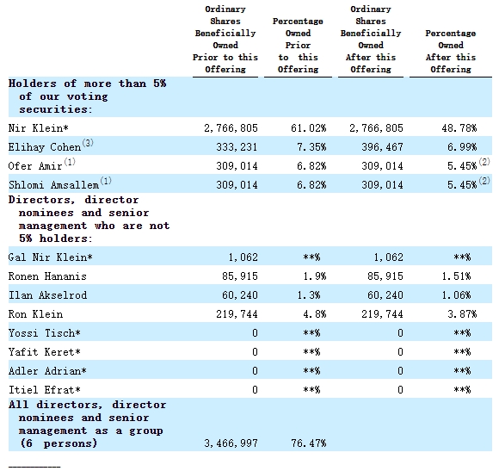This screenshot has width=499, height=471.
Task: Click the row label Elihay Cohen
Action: pos(45,147)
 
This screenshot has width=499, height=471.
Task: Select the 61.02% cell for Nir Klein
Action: pos(308,128)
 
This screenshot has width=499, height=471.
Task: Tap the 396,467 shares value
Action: pos(382,147)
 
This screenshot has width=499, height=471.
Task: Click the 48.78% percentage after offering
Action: pos(459,128)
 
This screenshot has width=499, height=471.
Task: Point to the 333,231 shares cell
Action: pos(237,147)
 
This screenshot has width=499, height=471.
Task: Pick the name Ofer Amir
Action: pos(35,166)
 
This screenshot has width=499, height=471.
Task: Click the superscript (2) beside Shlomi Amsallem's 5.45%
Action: pos(484,181)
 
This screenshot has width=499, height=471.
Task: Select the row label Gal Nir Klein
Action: pos(50,257)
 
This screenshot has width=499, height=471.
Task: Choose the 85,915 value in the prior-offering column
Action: pos(240,276)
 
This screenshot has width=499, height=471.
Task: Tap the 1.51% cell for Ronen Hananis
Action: pos(456,276)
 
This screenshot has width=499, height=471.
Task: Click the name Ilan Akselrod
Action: pos(47,294)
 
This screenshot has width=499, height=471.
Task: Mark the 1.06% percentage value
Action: pos(456,294)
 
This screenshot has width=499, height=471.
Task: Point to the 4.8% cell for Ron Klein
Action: pos(314,314)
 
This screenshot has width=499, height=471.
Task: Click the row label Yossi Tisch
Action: pos(44,332)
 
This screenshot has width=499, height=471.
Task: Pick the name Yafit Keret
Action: pos(44,352)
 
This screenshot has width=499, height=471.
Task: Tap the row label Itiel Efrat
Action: pos(44,390)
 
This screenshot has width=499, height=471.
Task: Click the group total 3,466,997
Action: pos(231,443)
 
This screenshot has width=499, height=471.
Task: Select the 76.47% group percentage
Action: pos(308,443)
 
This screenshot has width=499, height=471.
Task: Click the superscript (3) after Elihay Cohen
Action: pos(88,143)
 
